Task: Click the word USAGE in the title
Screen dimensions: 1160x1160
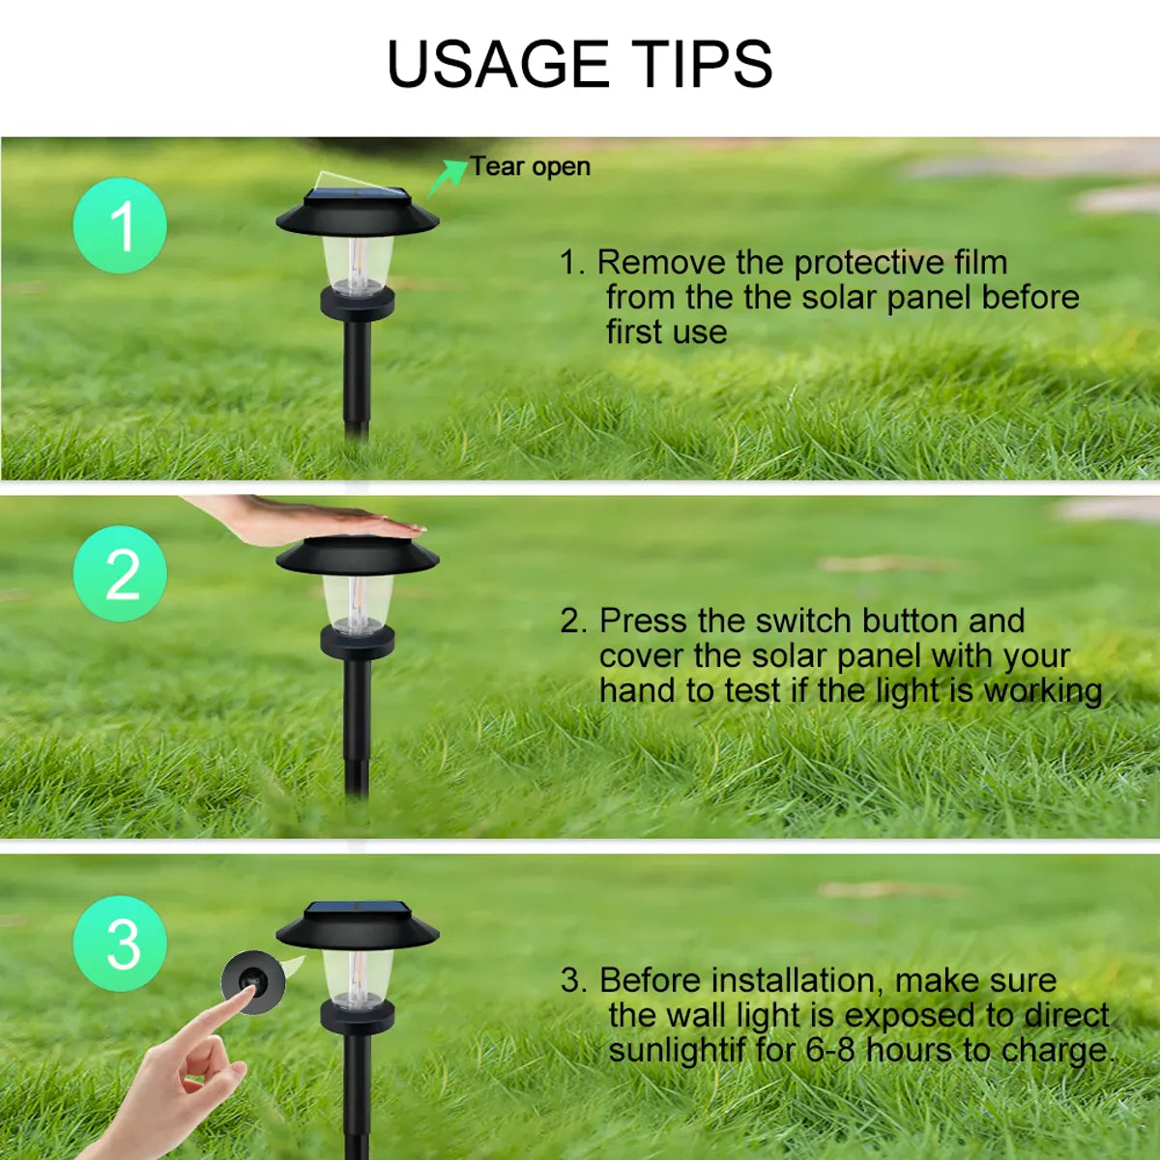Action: [x=496, y=65]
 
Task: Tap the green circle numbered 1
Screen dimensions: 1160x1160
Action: [x=120, y=226]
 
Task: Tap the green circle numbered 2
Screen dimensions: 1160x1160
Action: [x=120, y=574]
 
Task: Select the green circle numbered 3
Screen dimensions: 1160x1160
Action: [x=120, y=943]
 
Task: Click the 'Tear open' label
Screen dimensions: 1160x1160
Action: [x=531, y=167]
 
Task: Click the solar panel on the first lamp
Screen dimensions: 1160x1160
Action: [x=357, y=199]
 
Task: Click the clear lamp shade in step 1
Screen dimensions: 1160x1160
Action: [x=358, y=262]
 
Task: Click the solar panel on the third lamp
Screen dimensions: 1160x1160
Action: [x=357, y=912]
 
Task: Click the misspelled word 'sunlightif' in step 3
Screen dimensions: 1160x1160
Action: [x=677, y=1050]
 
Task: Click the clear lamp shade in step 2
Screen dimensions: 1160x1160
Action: [x=358, y=604]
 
